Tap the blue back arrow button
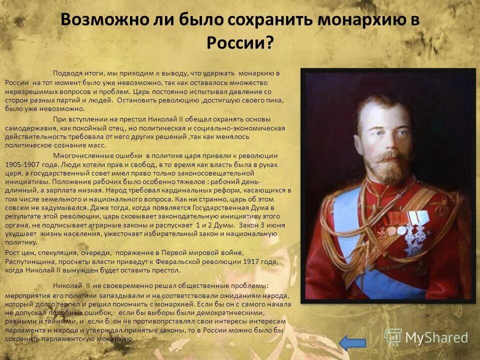[x=352, y=342]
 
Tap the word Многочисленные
[x=79, y=155]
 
